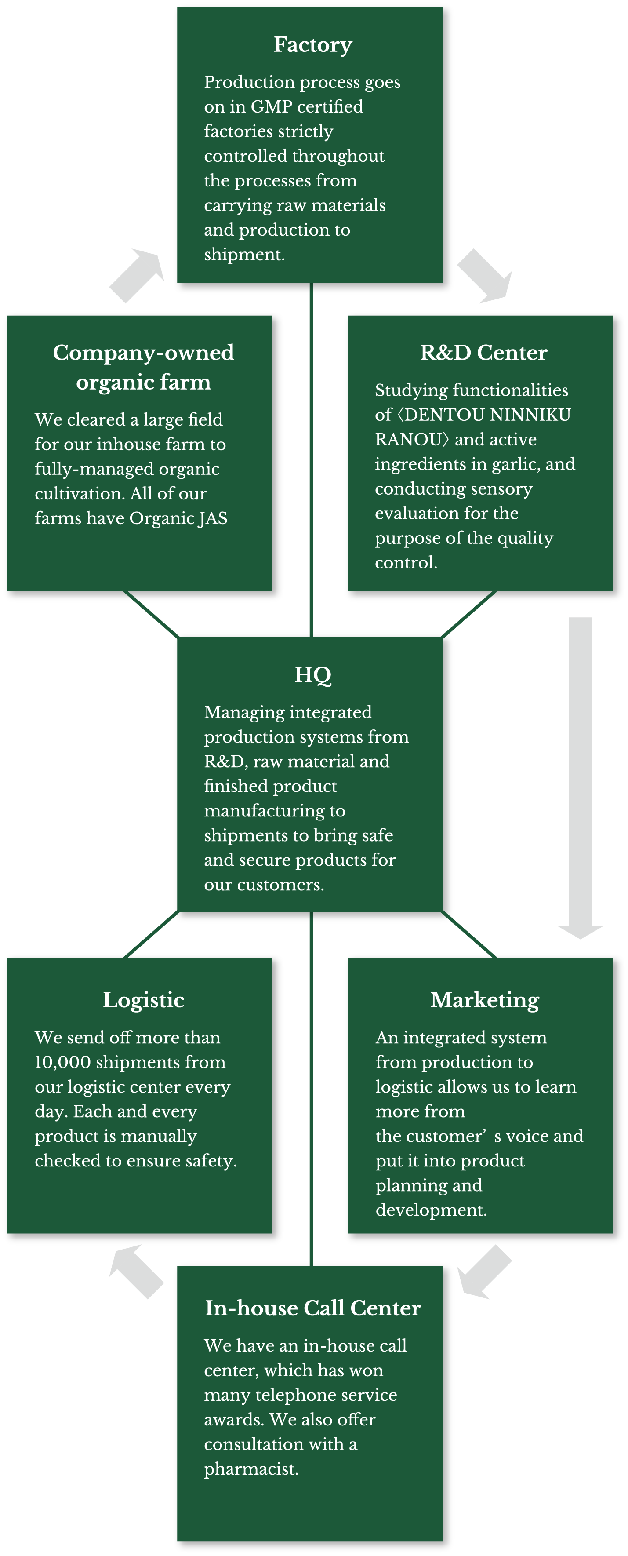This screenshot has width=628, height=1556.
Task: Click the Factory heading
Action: pyautogui.click(x=313, y=45)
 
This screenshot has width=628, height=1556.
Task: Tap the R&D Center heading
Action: pyautogui.click(x=484, y=353)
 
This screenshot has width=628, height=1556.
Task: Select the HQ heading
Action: pyautogui.click(x=313, y=675)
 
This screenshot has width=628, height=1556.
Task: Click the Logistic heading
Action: pyautogui.click(x=144, y=1000)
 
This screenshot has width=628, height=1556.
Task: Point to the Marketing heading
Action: pyautogui.click(x=485, y=1000)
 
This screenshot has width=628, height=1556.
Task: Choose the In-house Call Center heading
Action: pyautogui.click(x=313, y=1308)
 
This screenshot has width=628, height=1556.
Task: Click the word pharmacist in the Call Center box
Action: pyautogui.click(x=250, y=1469)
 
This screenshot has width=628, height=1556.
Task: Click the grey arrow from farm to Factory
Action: pyautogui.click(x=137, y=275)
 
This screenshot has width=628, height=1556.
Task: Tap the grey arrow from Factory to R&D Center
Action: pyautogui.click(x=485, y=275)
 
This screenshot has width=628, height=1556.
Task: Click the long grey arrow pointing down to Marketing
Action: pyautogui.click(x=580, y=778)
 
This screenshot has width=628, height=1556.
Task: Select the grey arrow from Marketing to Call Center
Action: pyautogui.click(x=484, y=1272)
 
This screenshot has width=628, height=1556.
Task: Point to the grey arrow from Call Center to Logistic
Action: pyautogui.click(x=137, y=1272)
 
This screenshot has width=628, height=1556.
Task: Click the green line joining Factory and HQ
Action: pyautogui.click(x=311, y=459)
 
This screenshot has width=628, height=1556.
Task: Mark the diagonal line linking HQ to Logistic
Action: pyautogui.click(x=151, y=934)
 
